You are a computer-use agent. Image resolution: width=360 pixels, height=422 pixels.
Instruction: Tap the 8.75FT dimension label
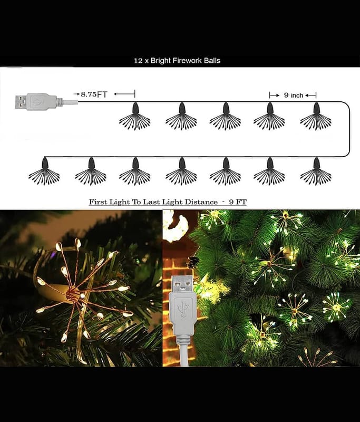pyautogui.click(x=94, y=94)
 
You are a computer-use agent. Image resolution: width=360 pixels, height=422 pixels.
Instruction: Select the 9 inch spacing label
pyautogui.click(x=293, y=95)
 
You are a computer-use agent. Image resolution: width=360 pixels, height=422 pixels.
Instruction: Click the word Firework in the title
pyautogui.click(x=187, y=61)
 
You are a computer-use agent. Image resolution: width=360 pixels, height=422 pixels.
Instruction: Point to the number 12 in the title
pyautogui.click(x=138, y=61)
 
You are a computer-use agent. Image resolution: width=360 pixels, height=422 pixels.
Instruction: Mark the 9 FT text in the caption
pyautogui.click(x=238, y=202)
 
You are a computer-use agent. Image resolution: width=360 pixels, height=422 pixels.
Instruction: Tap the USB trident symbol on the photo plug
pyautogui.click(x=183, y=307)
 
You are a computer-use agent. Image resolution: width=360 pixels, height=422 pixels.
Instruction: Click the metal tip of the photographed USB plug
pyautogui.click(x=182, y=284)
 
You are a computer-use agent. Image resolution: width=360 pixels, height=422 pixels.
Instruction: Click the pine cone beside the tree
pyautogui.click(x=193, y=262)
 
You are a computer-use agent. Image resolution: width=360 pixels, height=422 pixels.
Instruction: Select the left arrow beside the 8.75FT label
pyautogui.click(x=124, y=94)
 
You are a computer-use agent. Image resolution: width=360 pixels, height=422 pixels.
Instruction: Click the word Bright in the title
pyautogui.click(x=161, y=61)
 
